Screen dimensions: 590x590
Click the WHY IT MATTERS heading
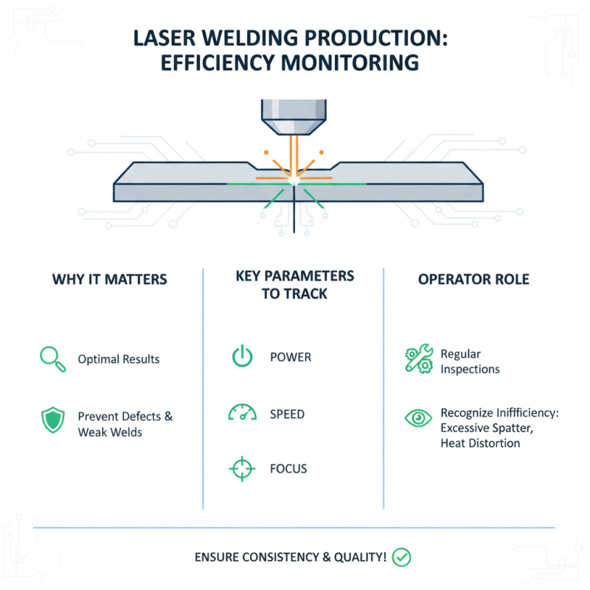(110, 280)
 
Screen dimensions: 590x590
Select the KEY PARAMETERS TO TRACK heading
(295, 284)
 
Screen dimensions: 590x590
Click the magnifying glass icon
(49, 358)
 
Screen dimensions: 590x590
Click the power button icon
(242, 357)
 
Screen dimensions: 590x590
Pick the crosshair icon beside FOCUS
(242, 468)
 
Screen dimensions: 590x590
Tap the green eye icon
(418, 418)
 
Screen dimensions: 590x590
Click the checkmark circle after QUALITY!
(402, 557)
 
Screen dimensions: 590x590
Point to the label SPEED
(288, 414)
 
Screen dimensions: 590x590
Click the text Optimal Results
(119, 359)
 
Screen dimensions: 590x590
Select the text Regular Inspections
(470, 361)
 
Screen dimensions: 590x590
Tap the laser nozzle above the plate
(294, 115)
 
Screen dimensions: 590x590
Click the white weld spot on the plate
(294, 181)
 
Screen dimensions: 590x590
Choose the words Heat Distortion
(480, 443)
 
